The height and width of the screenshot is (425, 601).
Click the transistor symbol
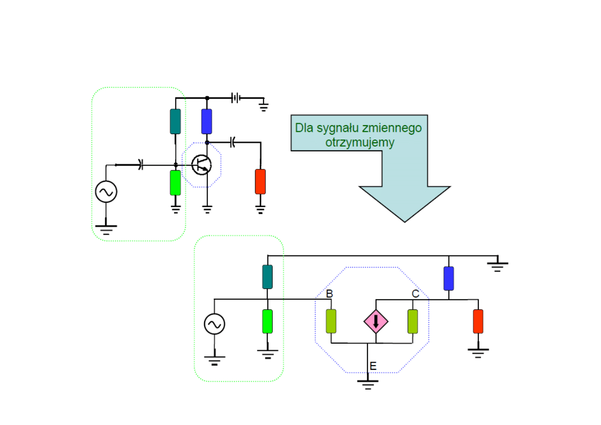tap(202, 164)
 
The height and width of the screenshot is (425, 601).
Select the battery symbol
tap(236, 98)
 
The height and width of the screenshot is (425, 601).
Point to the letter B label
tap(329, 294)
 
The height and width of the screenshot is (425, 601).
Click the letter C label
tap(415, 294)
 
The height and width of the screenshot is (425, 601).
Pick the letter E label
tap(373, 366)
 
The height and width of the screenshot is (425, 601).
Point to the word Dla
tap(303, 128)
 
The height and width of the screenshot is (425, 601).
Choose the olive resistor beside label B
tap(331, 321)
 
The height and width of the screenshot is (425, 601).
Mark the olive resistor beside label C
tap(413, 321)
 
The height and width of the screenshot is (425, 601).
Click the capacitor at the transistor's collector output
tap(232, 142)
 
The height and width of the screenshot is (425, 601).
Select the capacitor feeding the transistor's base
tap(141, 165)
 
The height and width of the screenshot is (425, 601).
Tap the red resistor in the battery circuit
tap(260, 181)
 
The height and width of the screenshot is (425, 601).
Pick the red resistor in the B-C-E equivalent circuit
tap(478, 321)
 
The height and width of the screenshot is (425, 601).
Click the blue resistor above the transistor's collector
tap(207, 121)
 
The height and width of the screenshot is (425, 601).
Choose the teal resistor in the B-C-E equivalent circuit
tap(267, 277)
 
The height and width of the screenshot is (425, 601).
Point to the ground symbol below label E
tap(367, 384)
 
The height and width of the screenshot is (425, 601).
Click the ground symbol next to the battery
tap(263, 105)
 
